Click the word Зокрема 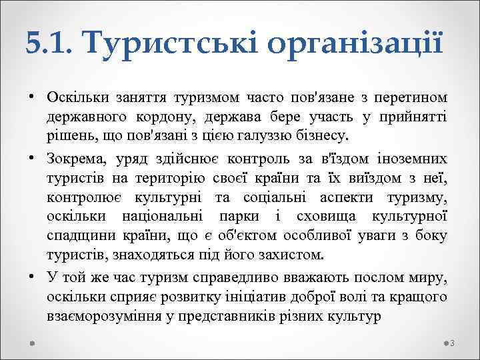pyautogui.click(x=73, y=159)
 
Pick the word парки pyautogui.click(x=242, y=217)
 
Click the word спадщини pyautogui.click(x=78, y=236)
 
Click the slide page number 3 pyautogui.click(x=452, y=343)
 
